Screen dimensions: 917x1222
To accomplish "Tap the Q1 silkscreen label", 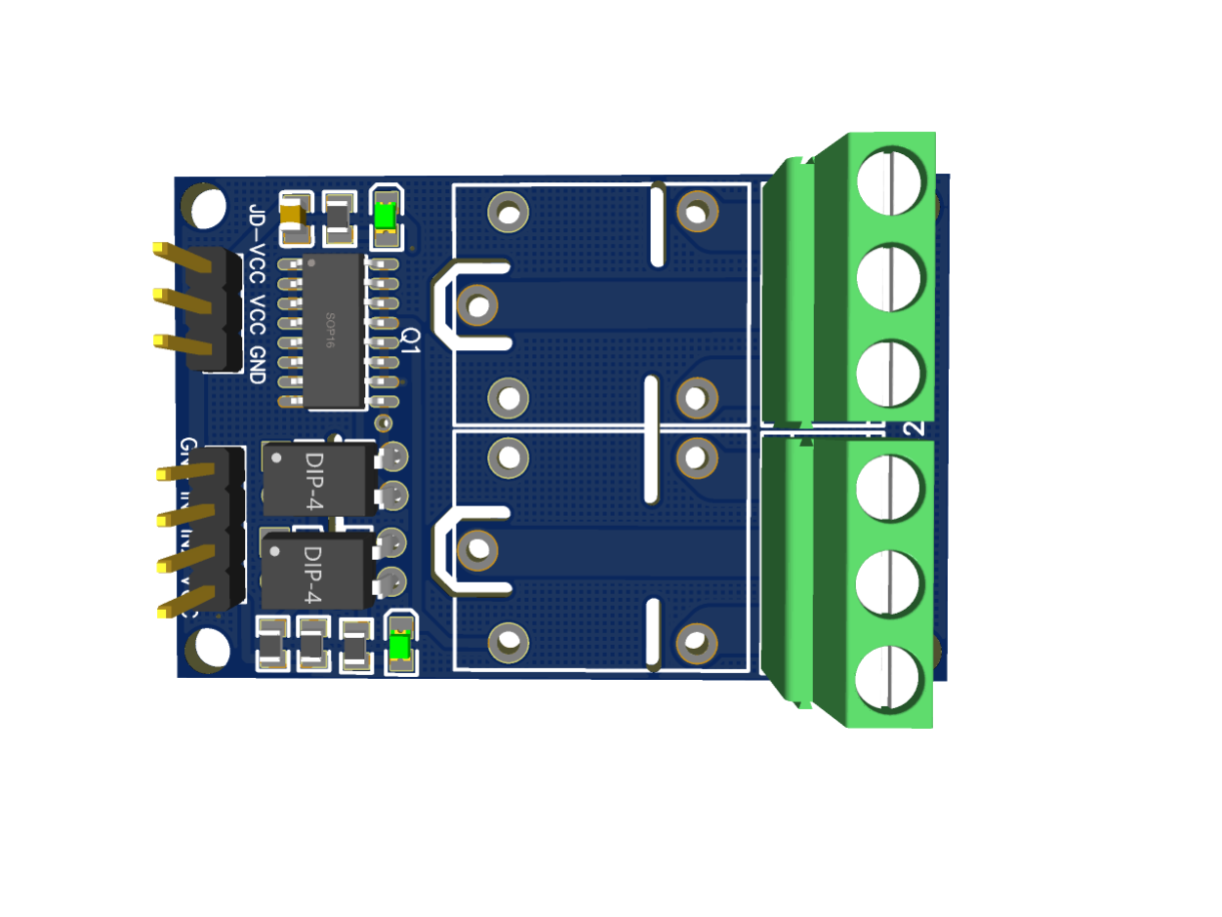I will click(411, 339).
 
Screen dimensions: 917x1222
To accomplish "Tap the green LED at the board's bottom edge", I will click(399, 646).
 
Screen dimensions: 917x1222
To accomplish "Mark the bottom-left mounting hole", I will click(209, 649).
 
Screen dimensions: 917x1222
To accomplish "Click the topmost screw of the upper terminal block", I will click(890, 180).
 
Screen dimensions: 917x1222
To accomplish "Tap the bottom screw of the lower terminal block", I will click(889, 677).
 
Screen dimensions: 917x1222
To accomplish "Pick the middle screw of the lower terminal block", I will click(889, 582).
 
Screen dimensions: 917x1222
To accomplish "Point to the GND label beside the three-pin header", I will click(257, 364).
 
